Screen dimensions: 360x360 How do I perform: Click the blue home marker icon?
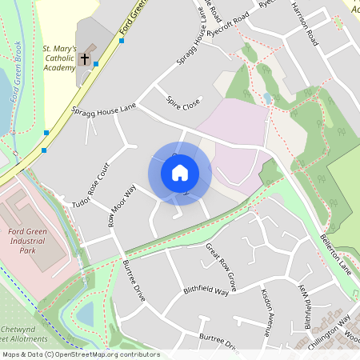180,172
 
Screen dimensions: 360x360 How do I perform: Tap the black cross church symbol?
85,59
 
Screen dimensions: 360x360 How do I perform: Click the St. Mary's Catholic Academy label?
58,58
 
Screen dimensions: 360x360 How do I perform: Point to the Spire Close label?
182,103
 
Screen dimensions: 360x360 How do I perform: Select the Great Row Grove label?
221,267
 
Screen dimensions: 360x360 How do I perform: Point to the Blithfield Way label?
206,291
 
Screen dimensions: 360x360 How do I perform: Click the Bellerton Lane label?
335,249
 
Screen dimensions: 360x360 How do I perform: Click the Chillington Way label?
333,329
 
